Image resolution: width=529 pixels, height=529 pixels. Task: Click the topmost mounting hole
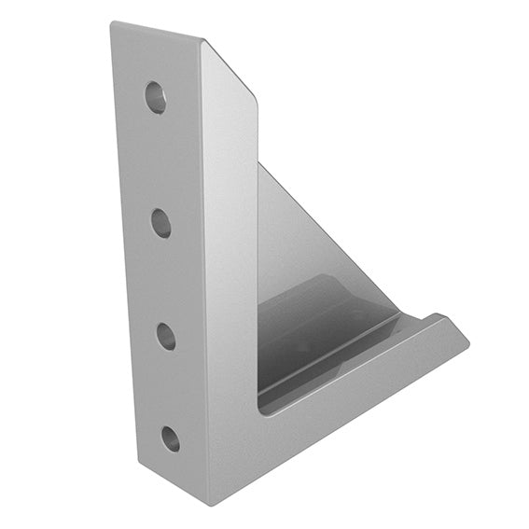point(155,96)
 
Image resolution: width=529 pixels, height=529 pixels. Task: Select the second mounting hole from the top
point(160,222)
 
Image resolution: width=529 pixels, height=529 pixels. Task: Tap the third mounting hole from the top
point(166,335)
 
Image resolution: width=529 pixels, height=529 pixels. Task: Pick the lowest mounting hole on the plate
point(170,438)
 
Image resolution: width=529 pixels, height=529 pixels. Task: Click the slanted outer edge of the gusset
point(327,233)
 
